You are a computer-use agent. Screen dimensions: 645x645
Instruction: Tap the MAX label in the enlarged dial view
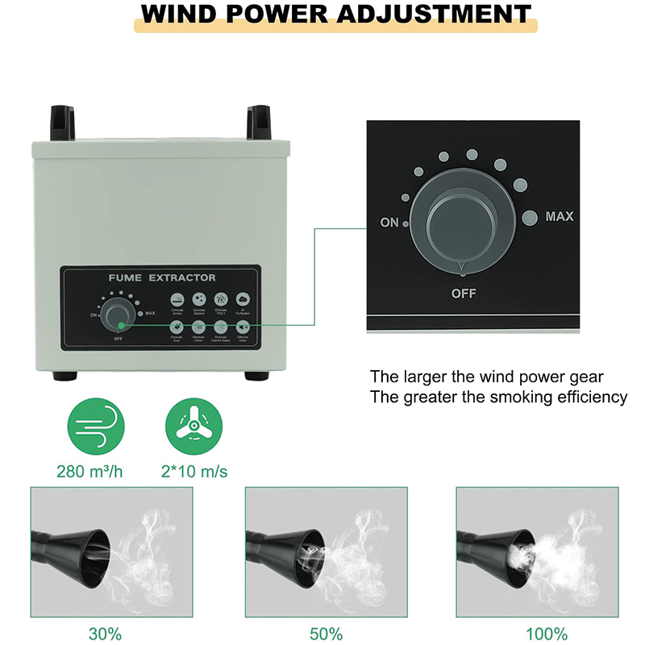560,216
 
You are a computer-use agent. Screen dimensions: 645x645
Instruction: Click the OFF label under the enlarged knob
464,293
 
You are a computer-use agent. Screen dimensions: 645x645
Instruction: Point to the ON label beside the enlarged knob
389,223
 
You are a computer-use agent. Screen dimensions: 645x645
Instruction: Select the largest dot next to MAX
529,217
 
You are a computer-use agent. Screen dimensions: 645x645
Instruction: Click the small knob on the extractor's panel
119,313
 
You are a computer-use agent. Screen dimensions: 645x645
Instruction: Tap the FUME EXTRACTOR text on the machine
162,277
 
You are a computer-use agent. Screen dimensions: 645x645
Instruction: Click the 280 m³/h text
89,470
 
